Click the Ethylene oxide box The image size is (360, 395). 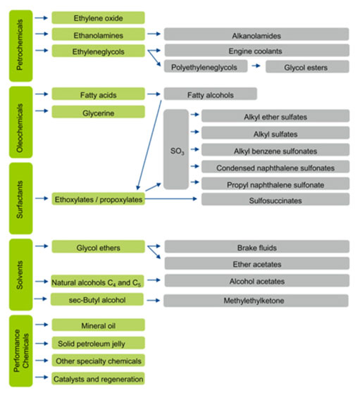coord(99,18)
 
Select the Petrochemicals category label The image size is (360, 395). coord(20,46)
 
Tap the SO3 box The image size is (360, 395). coord(176,149)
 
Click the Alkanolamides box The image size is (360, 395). coord(256,35)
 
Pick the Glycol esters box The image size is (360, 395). coord(307,67)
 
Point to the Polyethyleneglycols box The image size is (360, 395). coord(206,66)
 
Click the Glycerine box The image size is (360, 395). coord(99,112)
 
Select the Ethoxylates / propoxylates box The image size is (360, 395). coord(99,199)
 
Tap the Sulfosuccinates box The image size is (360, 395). coord(275,199)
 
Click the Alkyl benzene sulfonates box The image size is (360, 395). coord(275,150)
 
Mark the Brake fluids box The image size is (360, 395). coord(257,246)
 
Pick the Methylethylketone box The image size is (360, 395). coord(256,301)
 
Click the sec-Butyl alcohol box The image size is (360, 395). coord(97,299)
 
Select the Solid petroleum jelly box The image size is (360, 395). coord(99,343)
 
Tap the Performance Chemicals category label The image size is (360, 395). coord(20,351)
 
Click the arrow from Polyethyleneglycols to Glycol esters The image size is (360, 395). coord(256,66)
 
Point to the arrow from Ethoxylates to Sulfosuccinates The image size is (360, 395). coord(171,199)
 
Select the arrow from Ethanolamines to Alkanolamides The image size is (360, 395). coord(154,34)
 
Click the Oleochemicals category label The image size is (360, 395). coord(20,123)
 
